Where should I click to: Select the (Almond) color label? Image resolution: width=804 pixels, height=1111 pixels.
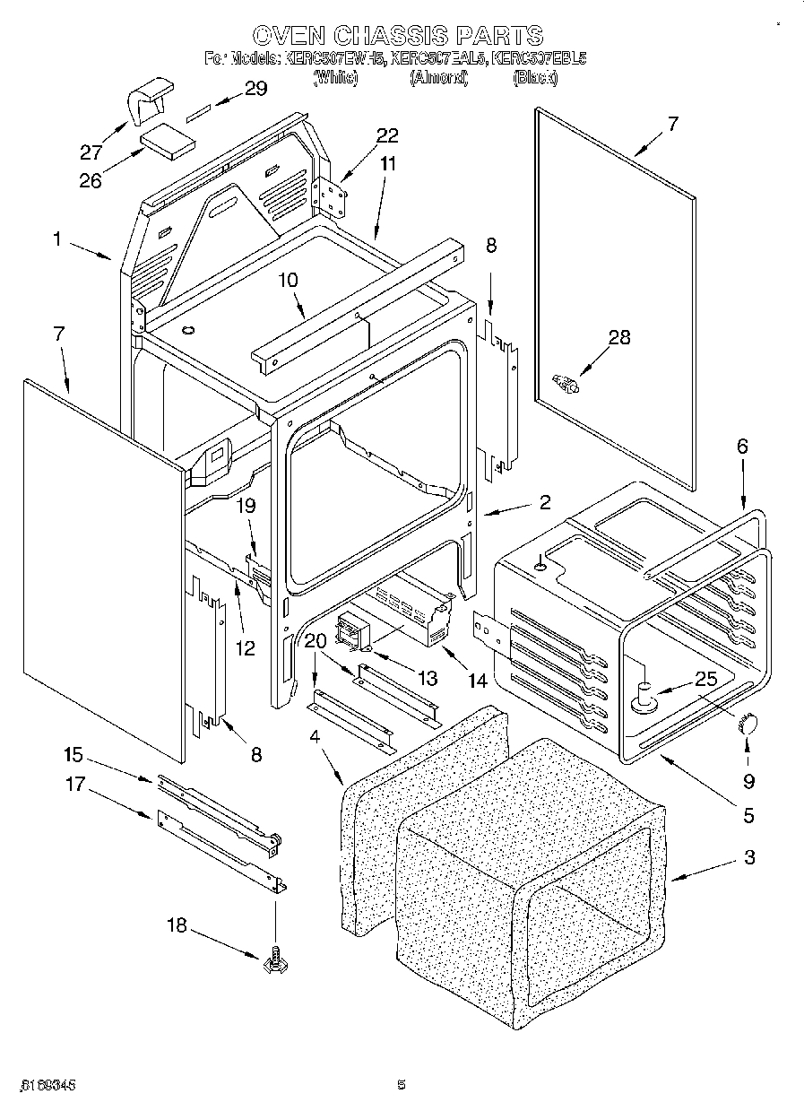click(439, 78)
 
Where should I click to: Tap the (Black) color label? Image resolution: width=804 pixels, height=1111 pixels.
click(535, 78)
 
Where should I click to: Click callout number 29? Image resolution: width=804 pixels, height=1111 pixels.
click(255, 88)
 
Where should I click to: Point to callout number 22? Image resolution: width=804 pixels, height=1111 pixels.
click(386, 135)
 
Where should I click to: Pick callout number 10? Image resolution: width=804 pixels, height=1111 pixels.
click(288, 281)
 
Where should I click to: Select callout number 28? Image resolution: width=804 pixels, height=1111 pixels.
click(619, 337)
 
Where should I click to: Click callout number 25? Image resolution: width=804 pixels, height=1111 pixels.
click(706, 679)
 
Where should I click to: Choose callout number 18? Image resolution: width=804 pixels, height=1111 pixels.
click(177, 924)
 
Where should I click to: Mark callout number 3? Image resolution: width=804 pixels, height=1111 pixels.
click(749, 858)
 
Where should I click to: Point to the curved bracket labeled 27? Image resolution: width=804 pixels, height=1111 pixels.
click(149, 102)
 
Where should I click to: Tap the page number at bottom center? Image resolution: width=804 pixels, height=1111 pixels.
click(402, 1085)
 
